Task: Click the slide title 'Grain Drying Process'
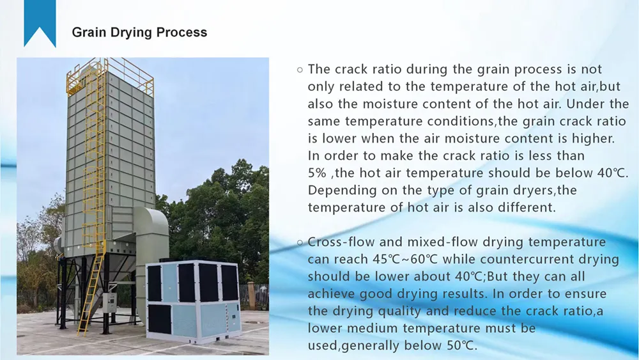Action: (x=139, y=32)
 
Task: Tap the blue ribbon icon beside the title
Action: (x=40, y=24)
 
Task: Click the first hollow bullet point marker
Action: (x=299, y=70)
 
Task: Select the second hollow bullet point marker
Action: (x=299, y=242)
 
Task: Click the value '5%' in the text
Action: (x=318, y=173)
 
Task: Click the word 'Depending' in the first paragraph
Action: (x=337, y=191)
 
